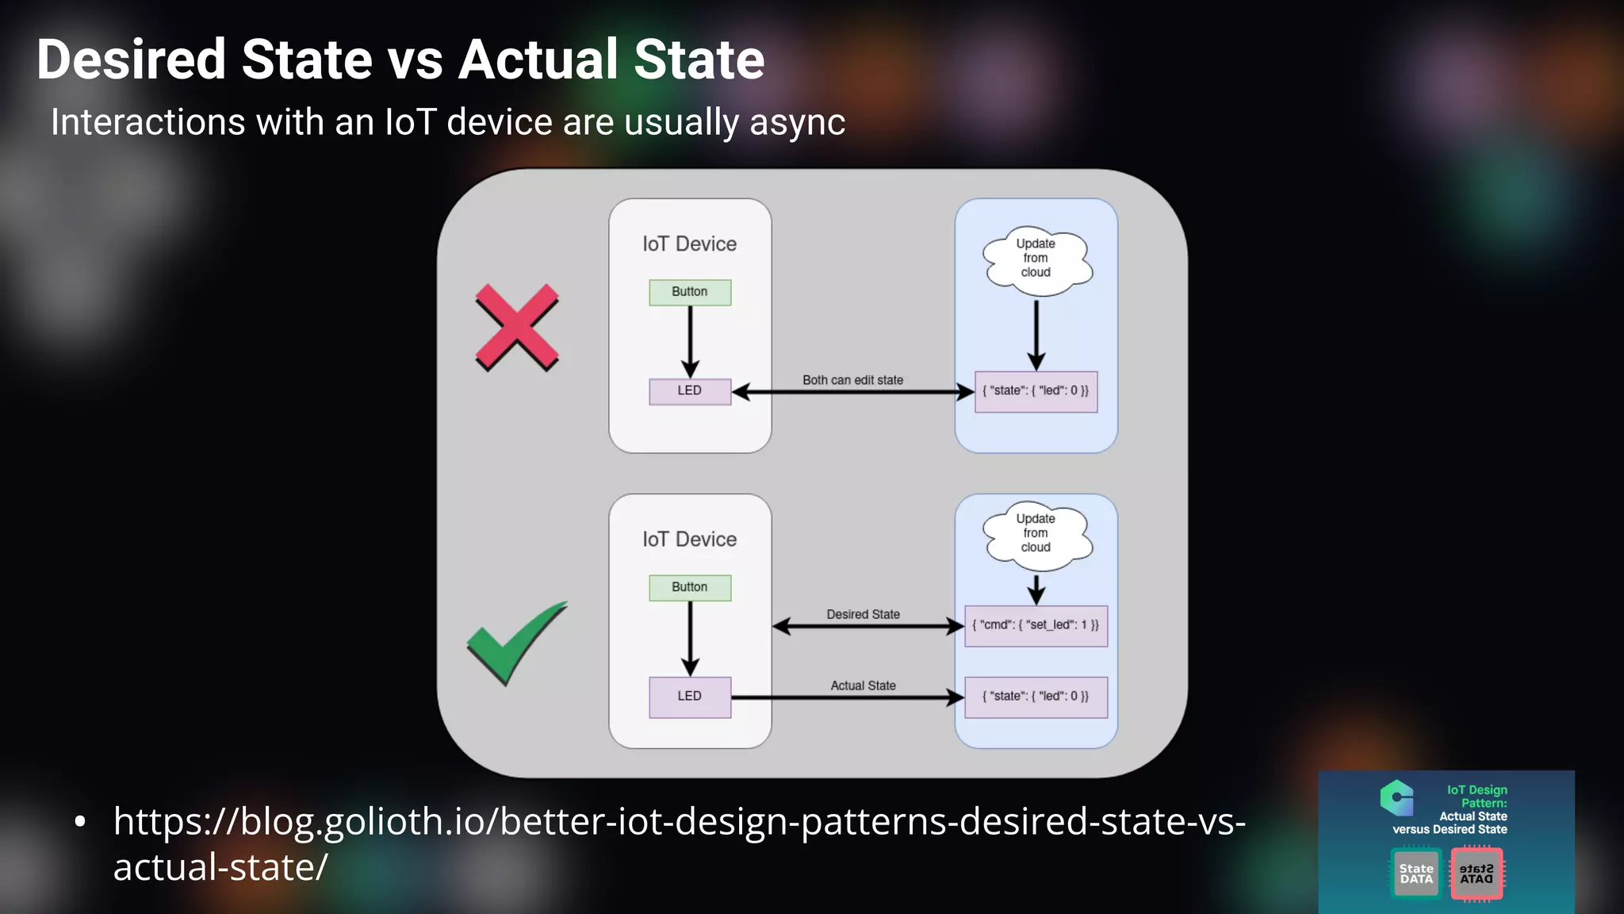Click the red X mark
[517, 327]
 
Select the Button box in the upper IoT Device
[690, 292]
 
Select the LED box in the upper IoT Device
[690, 391]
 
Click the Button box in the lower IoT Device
[690, 587]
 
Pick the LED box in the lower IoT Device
[690, 697]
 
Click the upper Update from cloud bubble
[1036, 259]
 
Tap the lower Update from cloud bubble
[1036, 533]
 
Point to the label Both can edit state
[852, 380]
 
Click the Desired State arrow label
[863, 614]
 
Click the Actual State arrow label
[863, 685]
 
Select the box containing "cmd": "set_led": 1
[1036, 625]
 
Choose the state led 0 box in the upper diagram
[1036, 391]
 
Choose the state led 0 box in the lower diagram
[1036, 697]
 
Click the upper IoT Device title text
[689, 244]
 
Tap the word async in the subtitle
[797, 123]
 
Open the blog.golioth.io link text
[679, 822]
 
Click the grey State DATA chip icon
[1416, 874]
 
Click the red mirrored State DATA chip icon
[1477, 874]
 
